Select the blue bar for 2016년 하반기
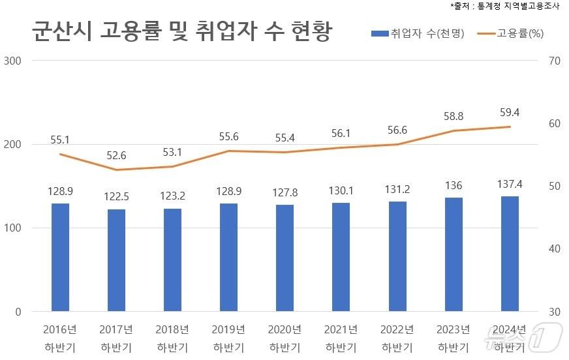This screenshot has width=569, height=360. point(60,257)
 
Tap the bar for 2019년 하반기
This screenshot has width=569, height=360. point(228,257)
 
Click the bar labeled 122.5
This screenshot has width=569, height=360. point(116,260)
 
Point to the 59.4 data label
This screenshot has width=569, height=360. point(509,112)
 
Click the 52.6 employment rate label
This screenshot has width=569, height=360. point(116,155)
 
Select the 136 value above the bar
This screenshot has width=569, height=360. point(453,185)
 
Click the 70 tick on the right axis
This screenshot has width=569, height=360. point(555,61)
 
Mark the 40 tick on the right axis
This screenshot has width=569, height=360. point(555,248)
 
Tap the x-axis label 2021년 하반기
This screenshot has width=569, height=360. point(341,338)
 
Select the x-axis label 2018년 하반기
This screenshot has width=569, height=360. point(172,338)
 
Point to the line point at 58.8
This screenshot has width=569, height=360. point(453,130)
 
